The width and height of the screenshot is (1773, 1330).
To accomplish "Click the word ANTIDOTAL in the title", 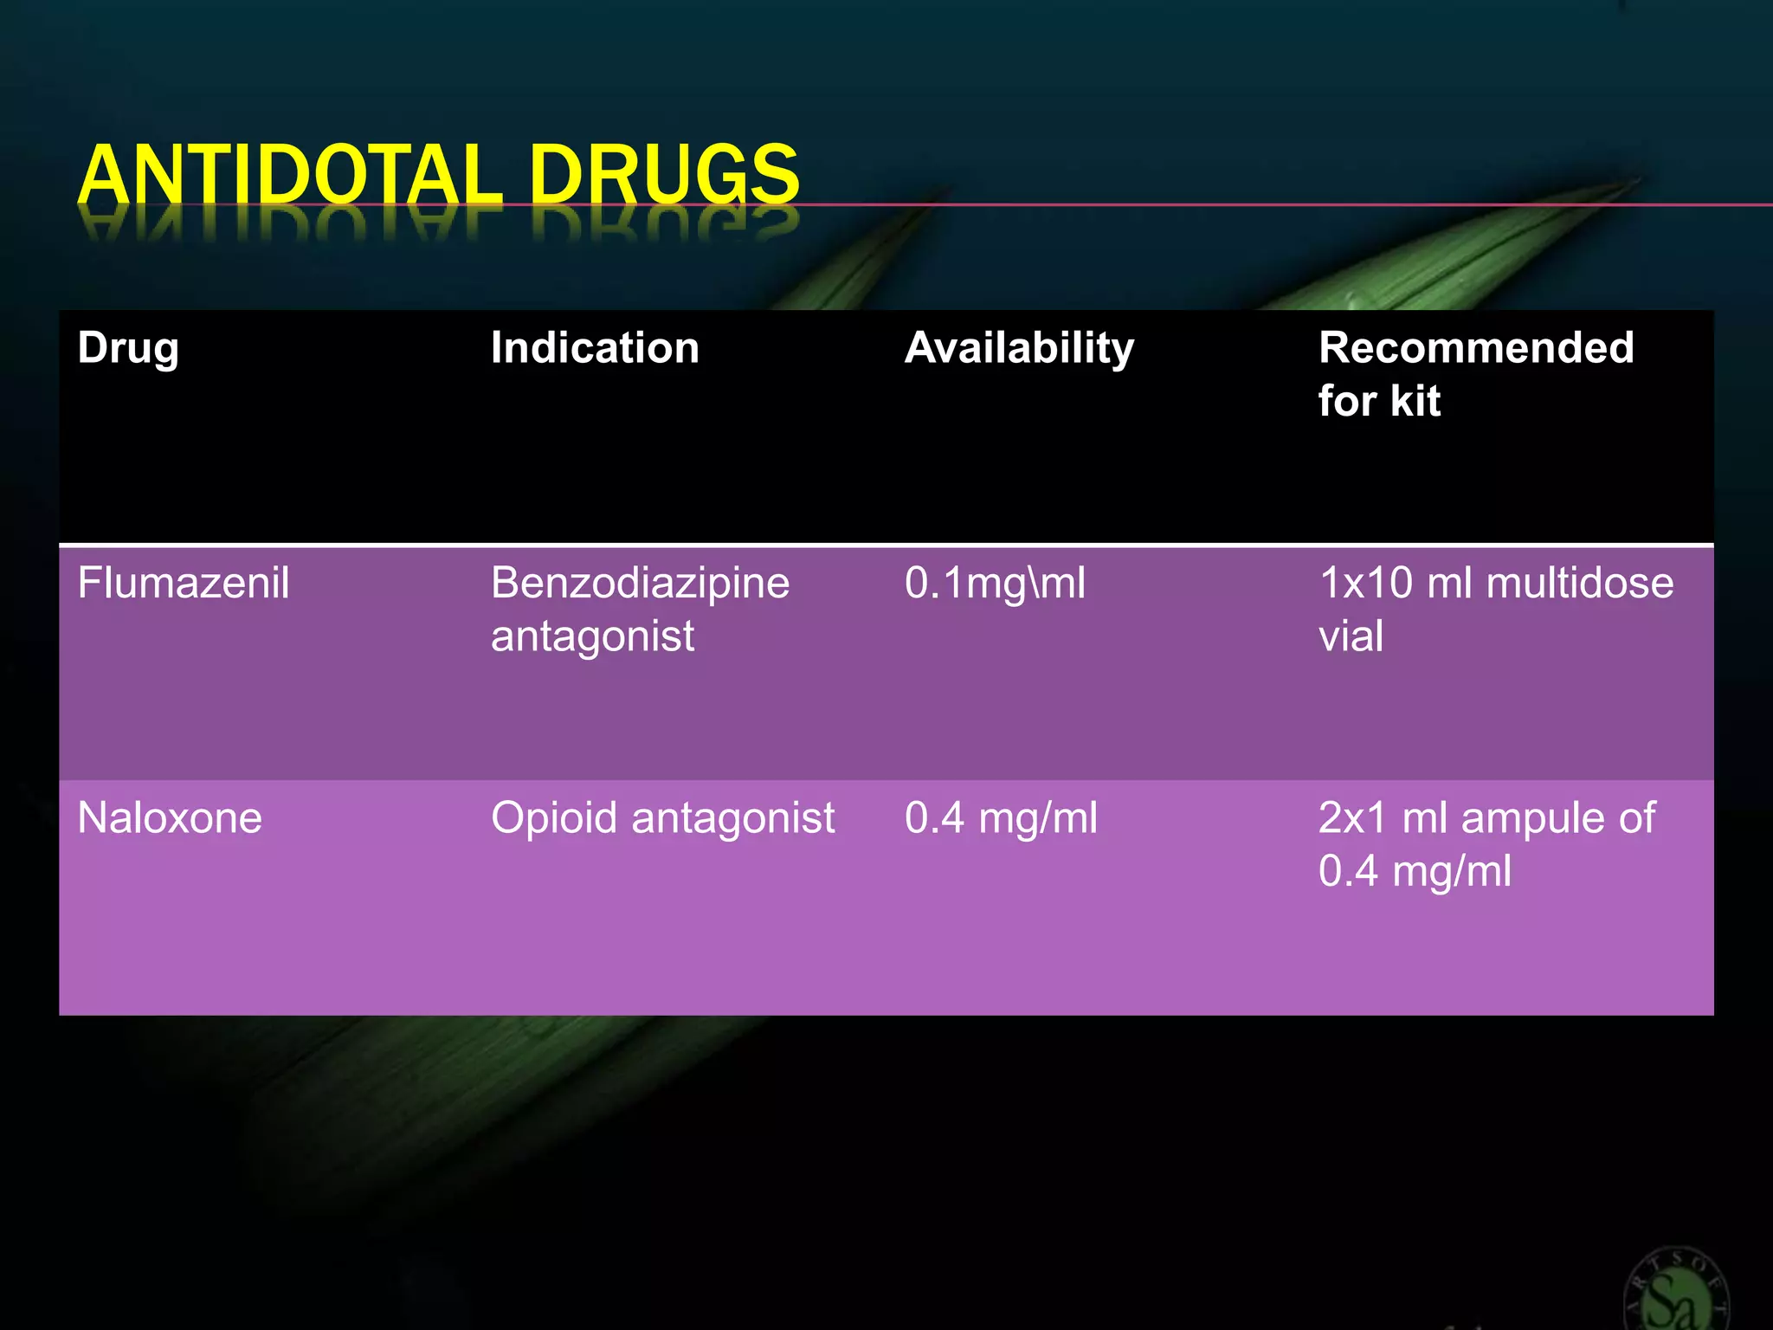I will pyautogui.click(x=290, y=175).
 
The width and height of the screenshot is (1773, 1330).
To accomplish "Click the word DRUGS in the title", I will pyautogui.click(x=664, y=175).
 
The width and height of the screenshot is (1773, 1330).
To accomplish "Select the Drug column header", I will pyautogui.click(x=128, y=348).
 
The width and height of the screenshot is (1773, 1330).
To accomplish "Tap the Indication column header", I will pyautogui.click(x=595, y=348).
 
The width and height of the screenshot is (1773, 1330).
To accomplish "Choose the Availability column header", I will pyautogui.click(x=1019, y=348).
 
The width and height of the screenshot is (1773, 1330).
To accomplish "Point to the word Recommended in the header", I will pyautogui.click(x=1476, y=348).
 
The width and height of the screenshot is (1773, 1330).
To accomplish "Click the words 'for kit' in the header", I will pyautogui.click(x=1379, y=401).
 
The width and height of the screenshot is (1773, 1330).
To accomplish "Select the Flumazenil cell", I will pyautogui.click(x=184, y=583).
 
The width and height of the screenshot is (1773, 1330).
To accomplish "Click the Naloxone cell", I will pyautogui.click(x=170, y=817).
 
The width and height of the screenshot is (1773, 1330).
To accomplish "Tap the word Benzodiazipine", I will pyautogui.click(x=640, y=583).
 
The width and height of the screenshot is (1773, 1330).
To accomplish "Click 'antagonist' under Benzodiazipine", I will pyautogui.click(x=592, y=636).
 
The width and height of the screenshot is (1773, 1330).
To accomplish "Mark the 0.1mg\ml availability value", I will pyautogui.click(x=995, y=583).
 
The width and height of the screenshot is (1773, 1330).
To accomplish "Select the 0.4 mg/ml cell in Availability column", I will pyautogui.click(x=1001, y=817).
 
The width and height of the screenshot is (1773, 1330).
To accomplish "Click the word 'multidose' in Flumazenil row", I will pyautogui.click(x=1579, y=583).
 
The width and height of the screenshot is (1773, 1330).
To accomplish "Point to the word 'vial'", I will pyautogui.click(x=1351, y=636).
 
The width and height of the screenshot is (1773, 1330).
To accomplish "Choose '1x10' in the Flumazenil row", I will pyautogui.click(x=1365, y=583).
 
